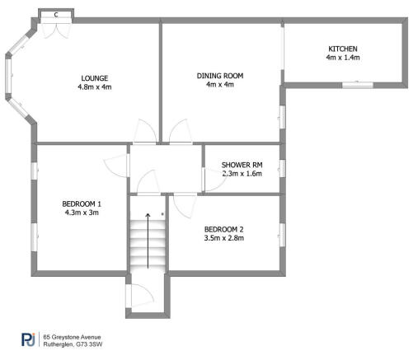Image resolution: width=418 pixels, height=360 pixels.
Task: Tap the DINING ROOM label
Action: pyautogui.click(x=219, y=76)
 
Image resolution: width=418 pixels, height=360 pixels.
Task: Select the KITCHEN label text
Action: pyautogui.click(x=342, y=49)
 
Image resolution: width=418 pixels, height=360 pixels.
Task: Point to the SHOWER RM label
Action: pyautogui.click(x=242, y=165)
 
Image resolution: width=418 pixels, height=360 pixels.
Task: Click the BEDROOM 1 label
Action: pyautogui.click(x=82, y=203)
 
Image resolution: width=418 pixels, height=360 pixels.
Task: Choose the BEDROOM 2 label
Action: pyautogui.click(x=224, y=228)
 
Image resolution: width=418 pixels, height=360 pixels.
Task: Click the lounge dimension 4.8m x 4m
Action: pyautogui.click(x=94, y=86)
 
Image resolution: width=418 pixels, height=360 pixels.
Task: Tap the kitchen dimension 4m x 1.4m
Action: pyautogui.click(x=342, y=58)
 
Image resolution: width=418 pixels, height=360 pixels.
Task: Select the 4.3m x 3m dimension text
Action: pyautogui.click(x=82, y=213)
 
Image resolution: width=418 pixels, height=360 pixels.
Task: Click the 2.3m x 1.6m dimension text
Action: pyautogui.click(x=242, y=174)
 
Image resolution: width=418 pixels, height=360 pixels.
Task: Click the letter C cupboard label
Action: pyautogui.click(x=56, y=14)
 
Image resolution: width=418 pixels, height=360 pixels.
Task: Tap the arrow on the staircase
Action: pyautogui.click(x=148, y=239)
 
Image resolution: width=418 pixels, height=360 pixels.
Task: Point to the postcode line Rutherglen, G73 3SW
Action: pyautogui.click(x=77, y=344)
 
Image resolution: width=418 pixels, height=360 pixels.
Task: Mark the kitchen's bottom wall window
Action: pyautogui.click(x=357, y=83)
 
